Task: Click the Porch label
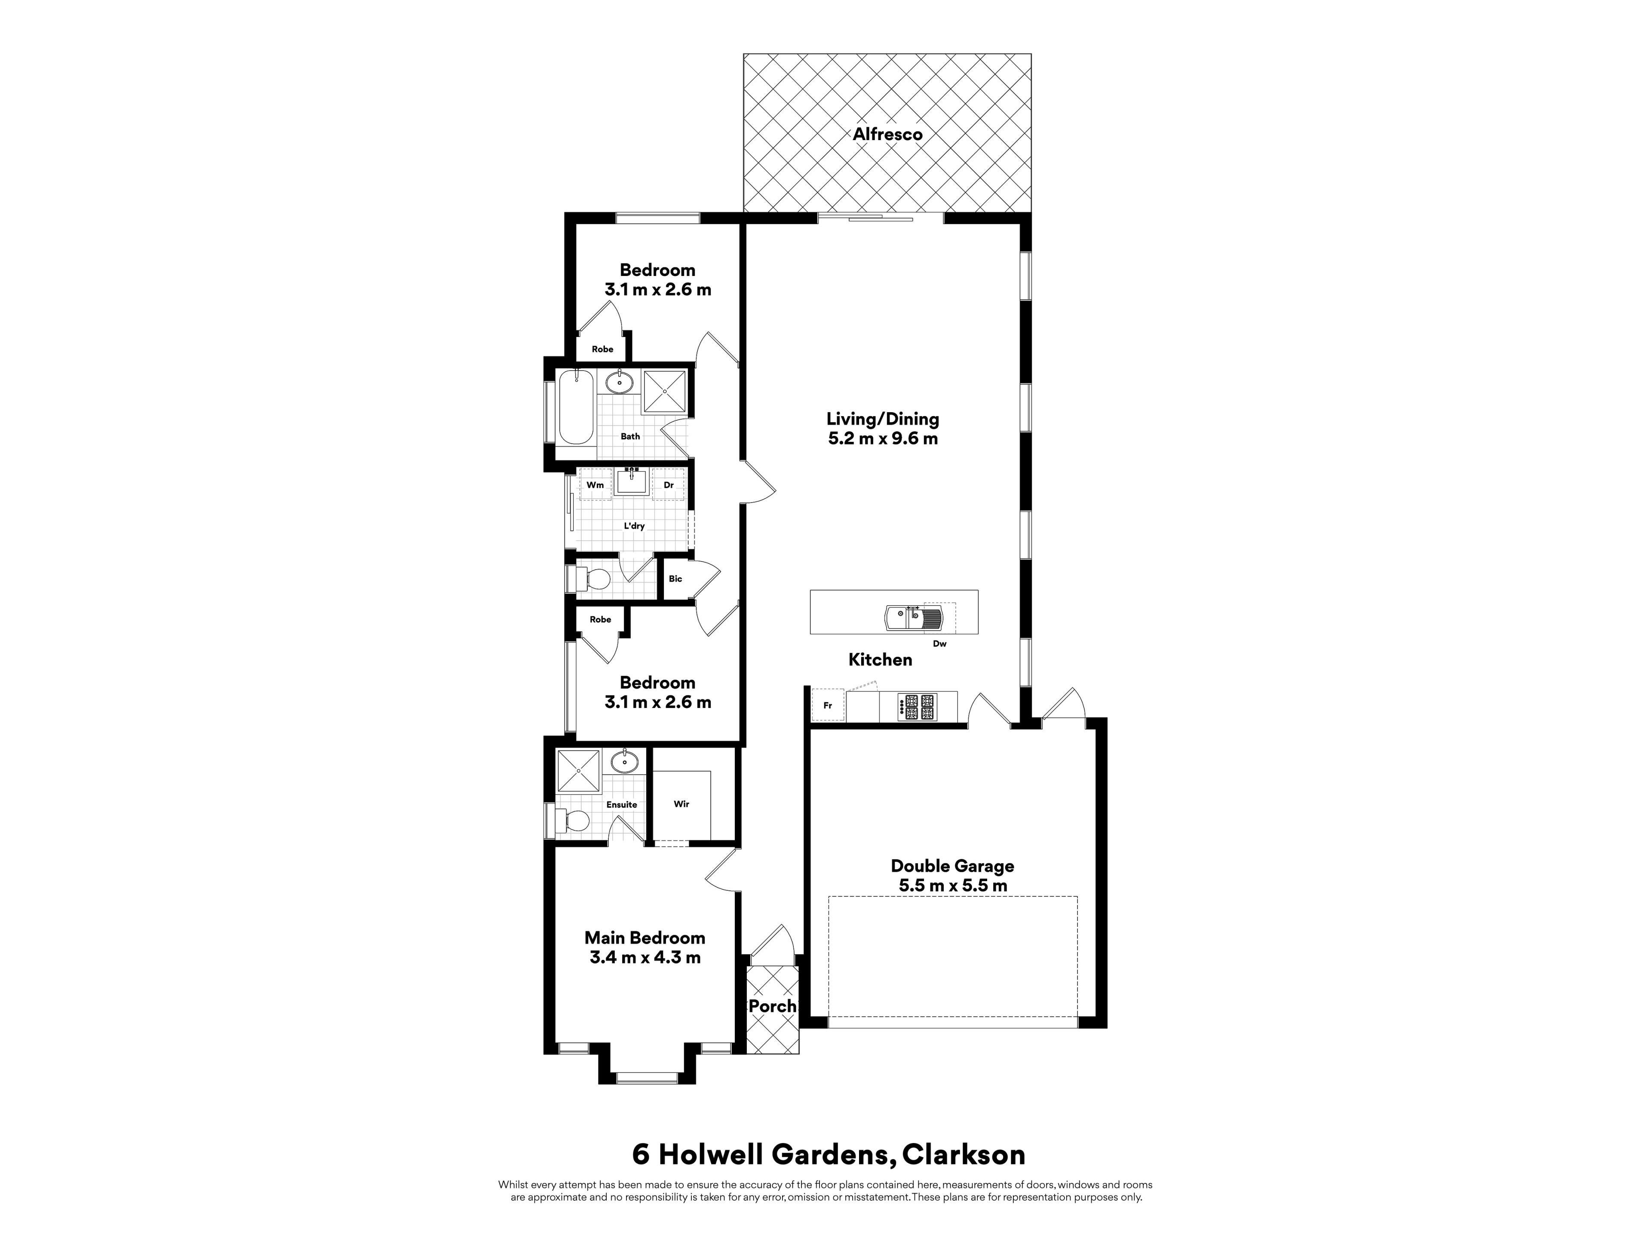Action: (x=773, y=1006)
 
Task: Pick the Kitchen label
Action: (x=880, y=660)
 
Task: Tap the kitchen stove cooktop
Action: (x=918, y=707)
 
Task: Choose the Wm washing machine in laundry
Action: (x=595, y=485)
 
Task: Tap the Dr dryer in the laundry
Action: (x=669, y=485)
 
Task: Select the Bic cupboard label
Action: (x=675, y=578)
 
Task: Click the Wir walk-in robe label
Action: (x=681, y=804)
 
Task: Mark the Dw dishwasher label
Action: (x=940, y=643)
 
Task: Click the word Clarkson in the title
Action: (x=964, y=1155)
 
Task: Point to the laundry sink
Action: (x=632, y=482)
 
